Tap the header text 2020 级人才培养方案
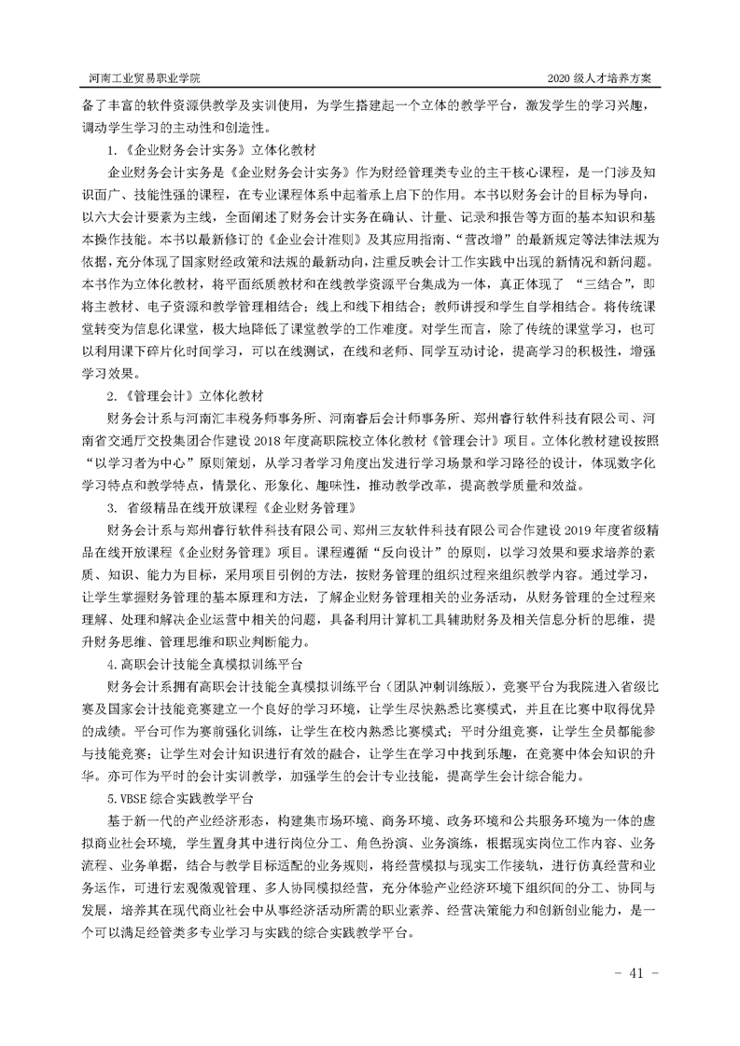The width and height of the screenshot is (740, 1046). point(607,76)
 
